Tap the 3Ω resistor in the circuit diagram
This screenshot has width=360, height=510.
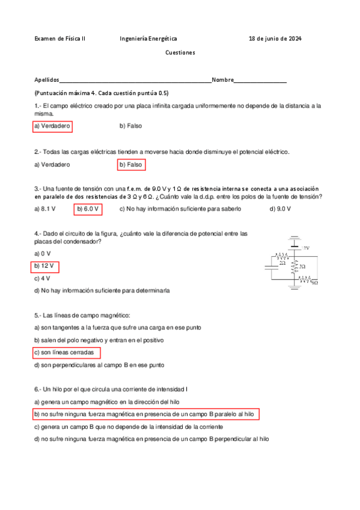click(x=294, y=266)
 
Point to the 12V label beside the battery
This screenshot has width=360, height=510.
click(x=305, y=248)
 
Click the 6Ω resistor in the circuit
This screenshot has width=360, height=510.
click(x=305, y=278)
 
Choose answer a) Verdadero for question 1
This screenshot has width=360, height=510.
click(x=52, y=126)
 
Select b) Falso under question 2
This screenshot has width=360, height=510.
click(x=131, y=164)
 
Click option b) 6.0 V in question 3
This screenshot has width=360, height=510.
click(x=88, y=209)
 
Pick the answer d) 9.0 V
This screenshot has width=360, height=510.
click(x=281, y=209)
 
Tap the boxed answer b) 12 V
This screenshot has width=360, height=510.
click(x=44, y=266)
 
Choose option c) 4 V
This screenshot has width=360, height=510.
click(x=42, y=278)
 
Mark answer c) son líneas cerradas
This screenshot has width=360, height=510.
click(x=66, y=352)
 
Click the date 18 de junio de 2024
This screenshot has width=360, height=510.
click(x=275, y=38)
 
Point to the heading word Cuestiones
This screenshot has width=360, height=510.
click(x=180, y=53)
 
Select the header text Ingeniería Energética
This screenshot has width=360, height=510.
click(x=148, y=38)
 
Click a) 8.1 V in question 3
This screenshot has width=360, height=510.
click(x=45, y=209)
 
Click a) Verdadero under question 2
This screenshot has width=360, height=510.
click(x=52, y=164)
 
